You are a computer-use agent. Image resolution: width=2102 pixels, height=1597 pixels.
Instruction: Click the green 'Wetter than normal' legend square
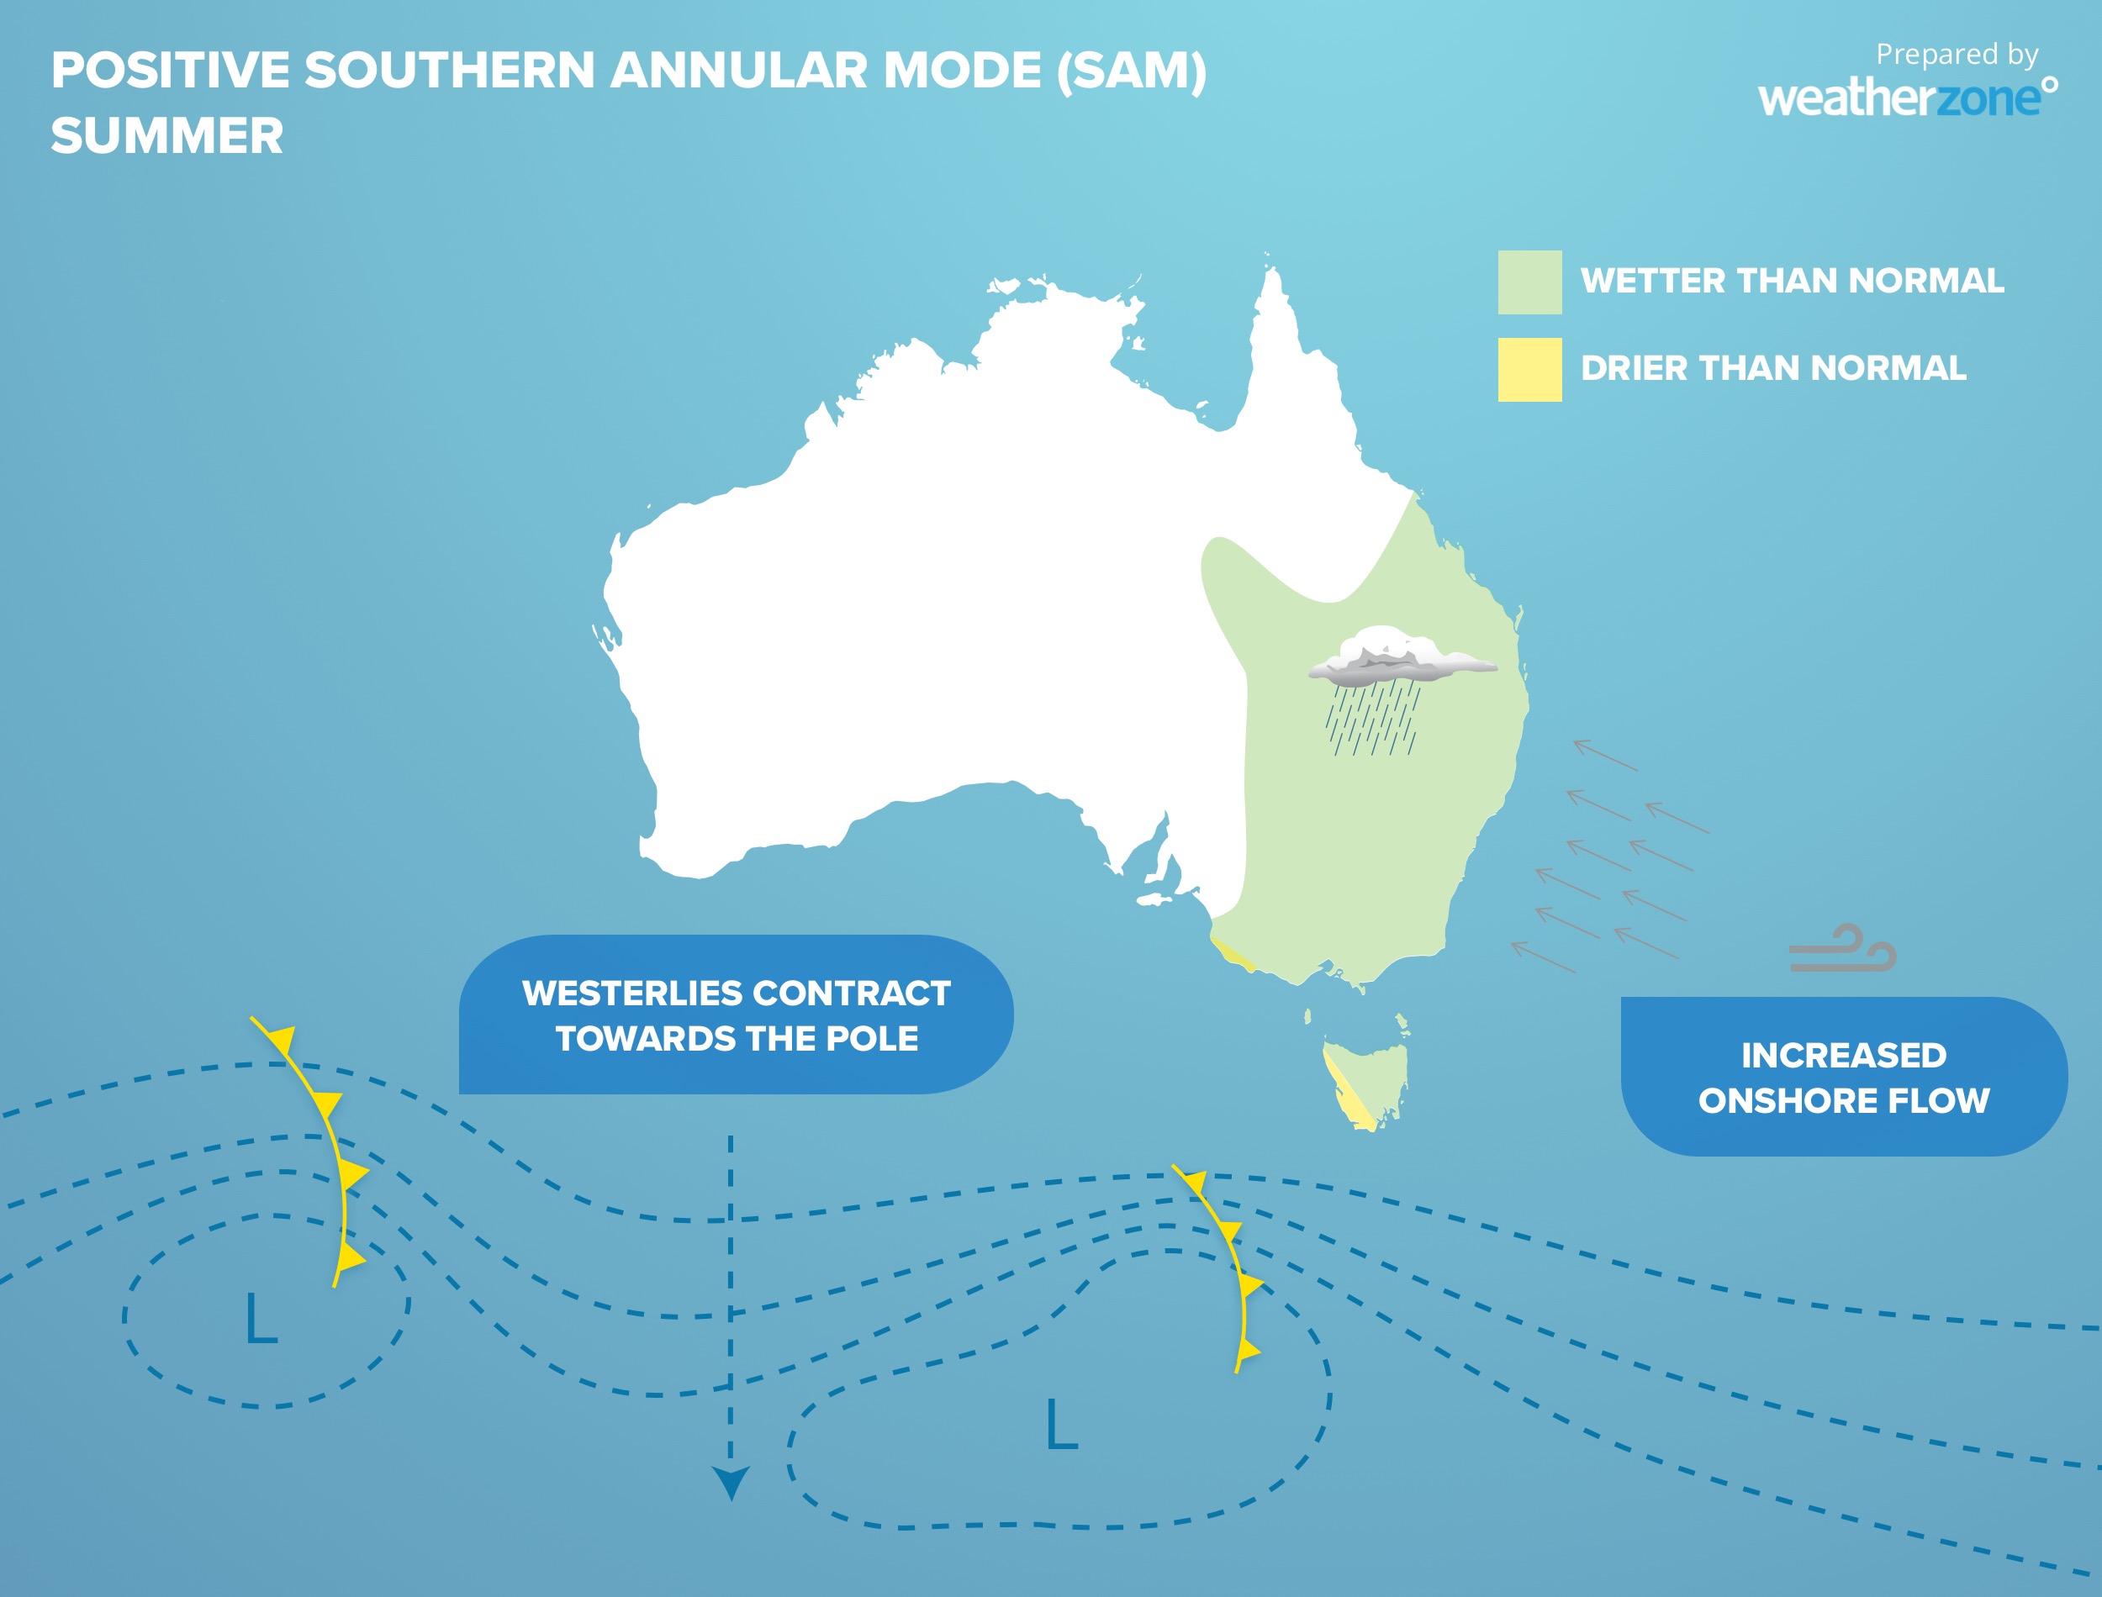pyautogui.click(x=1529, y=282)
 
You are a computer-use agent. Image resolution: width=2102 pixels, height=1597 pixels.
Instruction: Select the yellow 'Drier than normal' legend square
pyautogui.click(x=1529, y=369)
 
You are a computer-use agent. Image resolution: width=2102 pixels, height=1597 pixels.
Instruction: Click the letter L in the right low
pyautogui.click(x=1061, y=1424)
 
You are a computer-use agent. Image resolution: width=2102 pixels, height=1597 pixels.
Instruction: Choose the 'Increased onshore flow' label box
pyautogui.click(x=1842, y=1076)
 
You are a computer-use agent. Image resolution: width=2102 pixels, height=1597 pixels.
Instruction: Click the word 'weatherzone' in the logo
pyautogui.click(x=1901, y=98)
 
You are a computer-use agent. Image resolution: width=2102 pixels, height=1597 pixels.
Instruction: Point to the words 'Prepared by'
pyautogui.click(x=1957, y=54)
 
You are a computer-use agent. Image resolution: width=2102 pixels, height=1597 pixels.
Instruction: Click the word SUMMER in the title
pyautogui.click(x=167, y=136)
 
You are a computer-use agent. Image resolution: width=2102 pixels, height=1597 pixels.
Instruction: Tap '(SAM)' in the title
pyautogui.click(x=1132, y=71)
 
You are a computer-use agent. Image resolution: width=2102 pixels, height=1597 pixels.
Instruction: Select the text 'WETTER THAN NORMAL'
pyautogui.click(x=1791, y=281)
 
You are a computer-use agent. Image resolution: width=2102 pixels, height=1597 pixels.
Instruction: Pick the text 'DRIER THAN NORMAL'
pyautogui.click(x=1773, y=368)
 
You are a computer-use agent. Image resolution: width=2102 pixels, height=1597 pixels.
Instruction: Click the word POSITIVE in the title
pyautogui.click(x=172, y=71)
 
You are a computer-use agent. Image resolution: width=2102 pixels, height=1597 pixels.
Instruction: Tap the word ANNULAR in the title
pyautogui.click(x=737, y=71)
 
